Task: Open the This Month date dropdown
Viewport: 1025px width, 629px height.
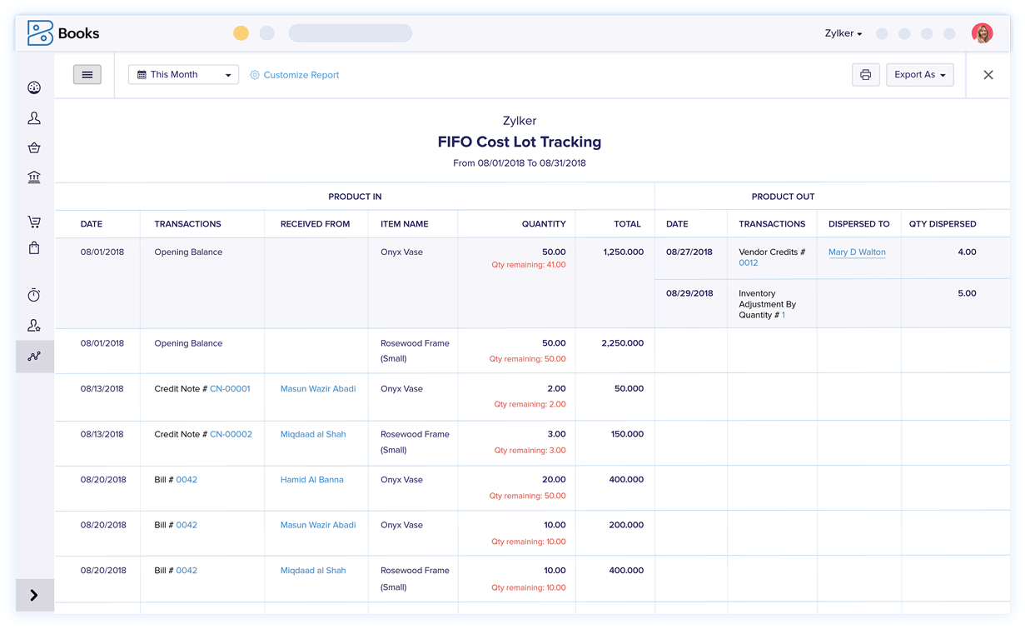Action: [183, 75]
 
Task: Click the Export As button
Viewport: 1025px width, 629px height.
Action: [919, 75]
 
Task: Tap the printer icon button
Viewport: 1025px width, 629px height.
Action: [865, 75]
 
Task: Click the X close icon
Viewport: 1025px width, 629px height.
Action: [988, 75]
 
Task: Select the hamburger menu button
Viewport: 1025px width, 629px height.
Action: [87, 75]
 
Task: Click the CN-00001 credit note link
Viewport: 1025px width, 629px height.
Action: [230, 389]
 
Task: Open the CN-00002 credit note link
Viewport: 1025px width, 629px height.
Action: [231, 434]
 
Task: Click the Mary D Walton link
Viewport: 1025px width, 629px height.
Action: [857, 252]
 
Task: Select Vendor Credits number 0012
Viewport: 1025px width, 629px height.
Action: [749, 263]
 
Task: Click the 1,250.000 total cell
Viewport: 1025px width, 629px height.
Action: [622, 252]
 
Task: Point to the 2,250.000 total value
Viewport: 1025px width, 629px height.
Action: [622, 343]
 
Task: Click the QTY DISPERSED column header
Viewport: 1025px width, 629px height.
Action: [943, 224]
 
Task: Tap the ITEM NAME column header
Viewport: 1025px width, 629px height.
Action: [405, 224]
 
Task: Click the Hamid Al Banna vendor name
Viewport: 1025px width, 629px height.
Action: [312, 480]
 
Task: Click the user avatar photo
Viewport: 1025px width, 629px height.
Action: [982, 33]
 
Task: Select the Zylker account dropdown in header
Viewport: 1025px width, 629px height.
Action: [843, 33]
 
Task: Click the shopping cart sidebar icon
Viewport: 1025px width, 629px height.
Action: [34, 222]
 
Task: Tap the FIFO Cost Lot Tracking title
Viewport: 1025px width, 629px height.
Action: [520, 142]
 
